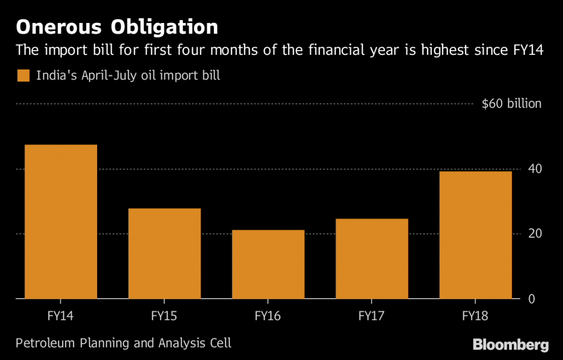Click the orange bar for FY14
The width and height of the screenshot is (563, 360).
[x=61, y=221]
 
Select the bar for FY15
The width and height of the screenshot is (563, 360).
[x=164, y=253]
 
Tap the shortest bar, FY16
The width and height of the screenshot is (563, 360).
[x=268, y=264]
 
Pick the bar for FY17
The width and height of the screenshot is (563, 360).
[x=371, y=259]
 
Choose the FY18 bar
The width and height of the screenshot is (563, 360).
[x=475, y=235]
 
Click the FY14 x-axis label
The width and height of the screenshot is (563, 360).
[x=61, y=316]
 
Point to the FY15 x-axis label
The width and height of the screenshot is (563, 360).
[x=164, y=316]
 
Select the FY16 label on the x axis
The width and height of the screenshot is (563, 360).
[x=268, y=316]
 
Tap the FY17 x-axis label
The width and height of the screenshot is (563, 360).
[x=371, y=316]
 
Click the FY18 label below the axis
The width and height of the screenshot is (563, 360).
[x=475, y=316]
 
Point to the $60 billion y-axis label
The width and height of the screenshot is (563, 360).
[x=511, y=104]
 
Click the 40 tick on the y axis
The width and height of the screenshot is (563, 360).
[x=535, y=169]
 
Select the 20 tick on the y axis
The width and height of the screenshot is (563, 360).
[x=535, y=234]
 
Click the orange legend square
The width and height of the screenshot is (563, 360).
[x=22, y=76]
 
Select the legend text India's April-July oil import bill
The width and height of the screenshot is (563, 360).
[x=128, y=76]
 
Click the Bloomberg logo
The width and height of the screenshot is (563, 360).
[x=510, y=345]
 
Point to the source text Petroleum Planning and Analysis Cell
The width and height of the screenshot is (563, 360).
[x=123, y=342]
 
